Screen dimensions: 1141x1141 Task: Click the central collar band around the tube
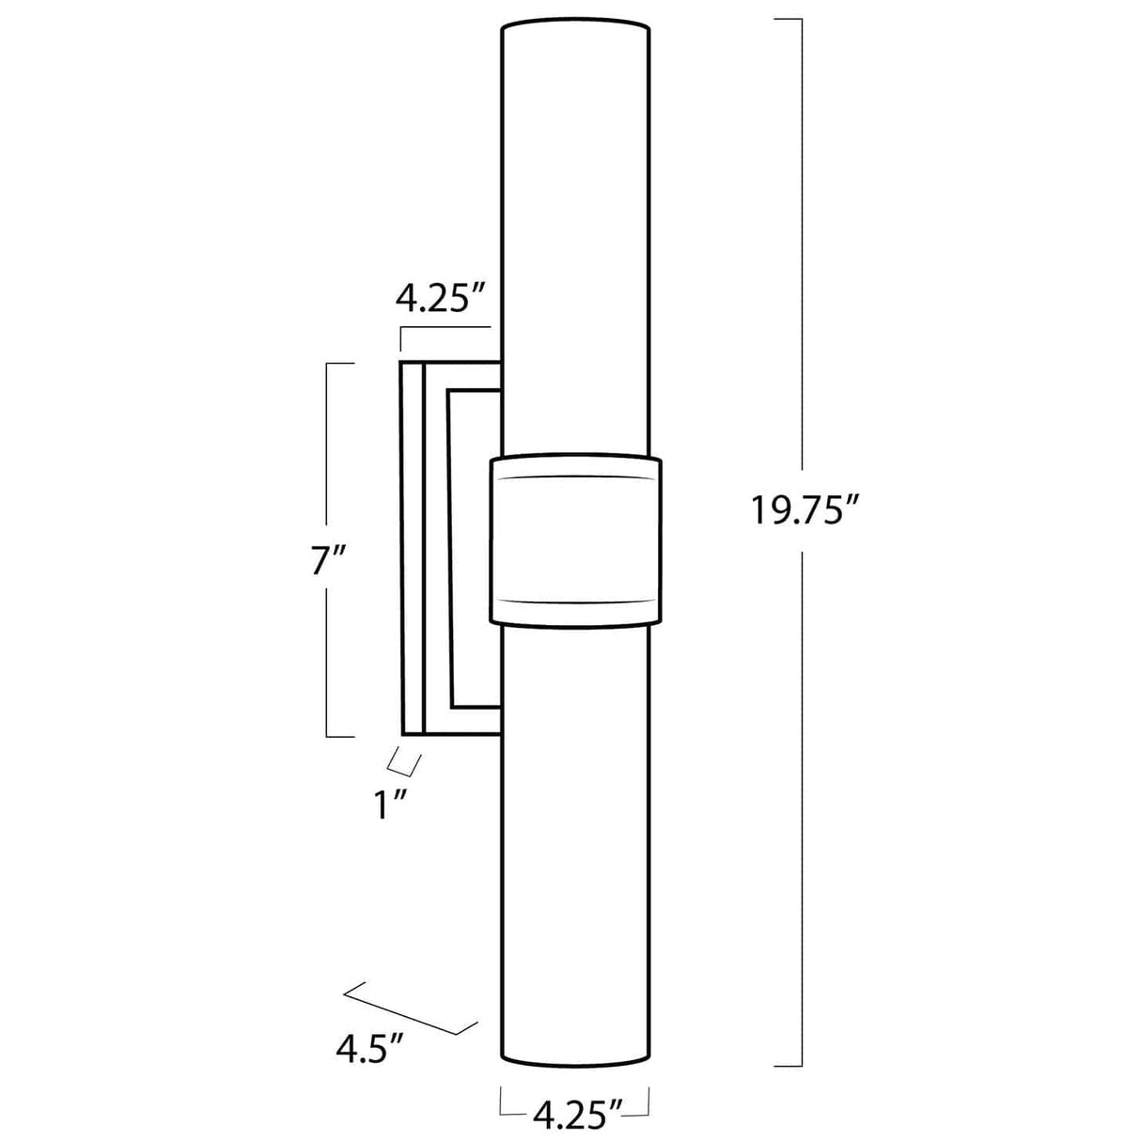coord(575,539)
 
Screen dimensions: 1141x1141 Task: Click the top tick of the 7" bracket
coord(339,363)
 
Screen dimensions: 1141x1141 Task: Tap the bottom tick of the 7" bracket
coord(339,736)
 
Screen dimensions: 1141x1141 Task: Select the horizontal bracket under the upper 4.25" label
coord(445,328)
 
